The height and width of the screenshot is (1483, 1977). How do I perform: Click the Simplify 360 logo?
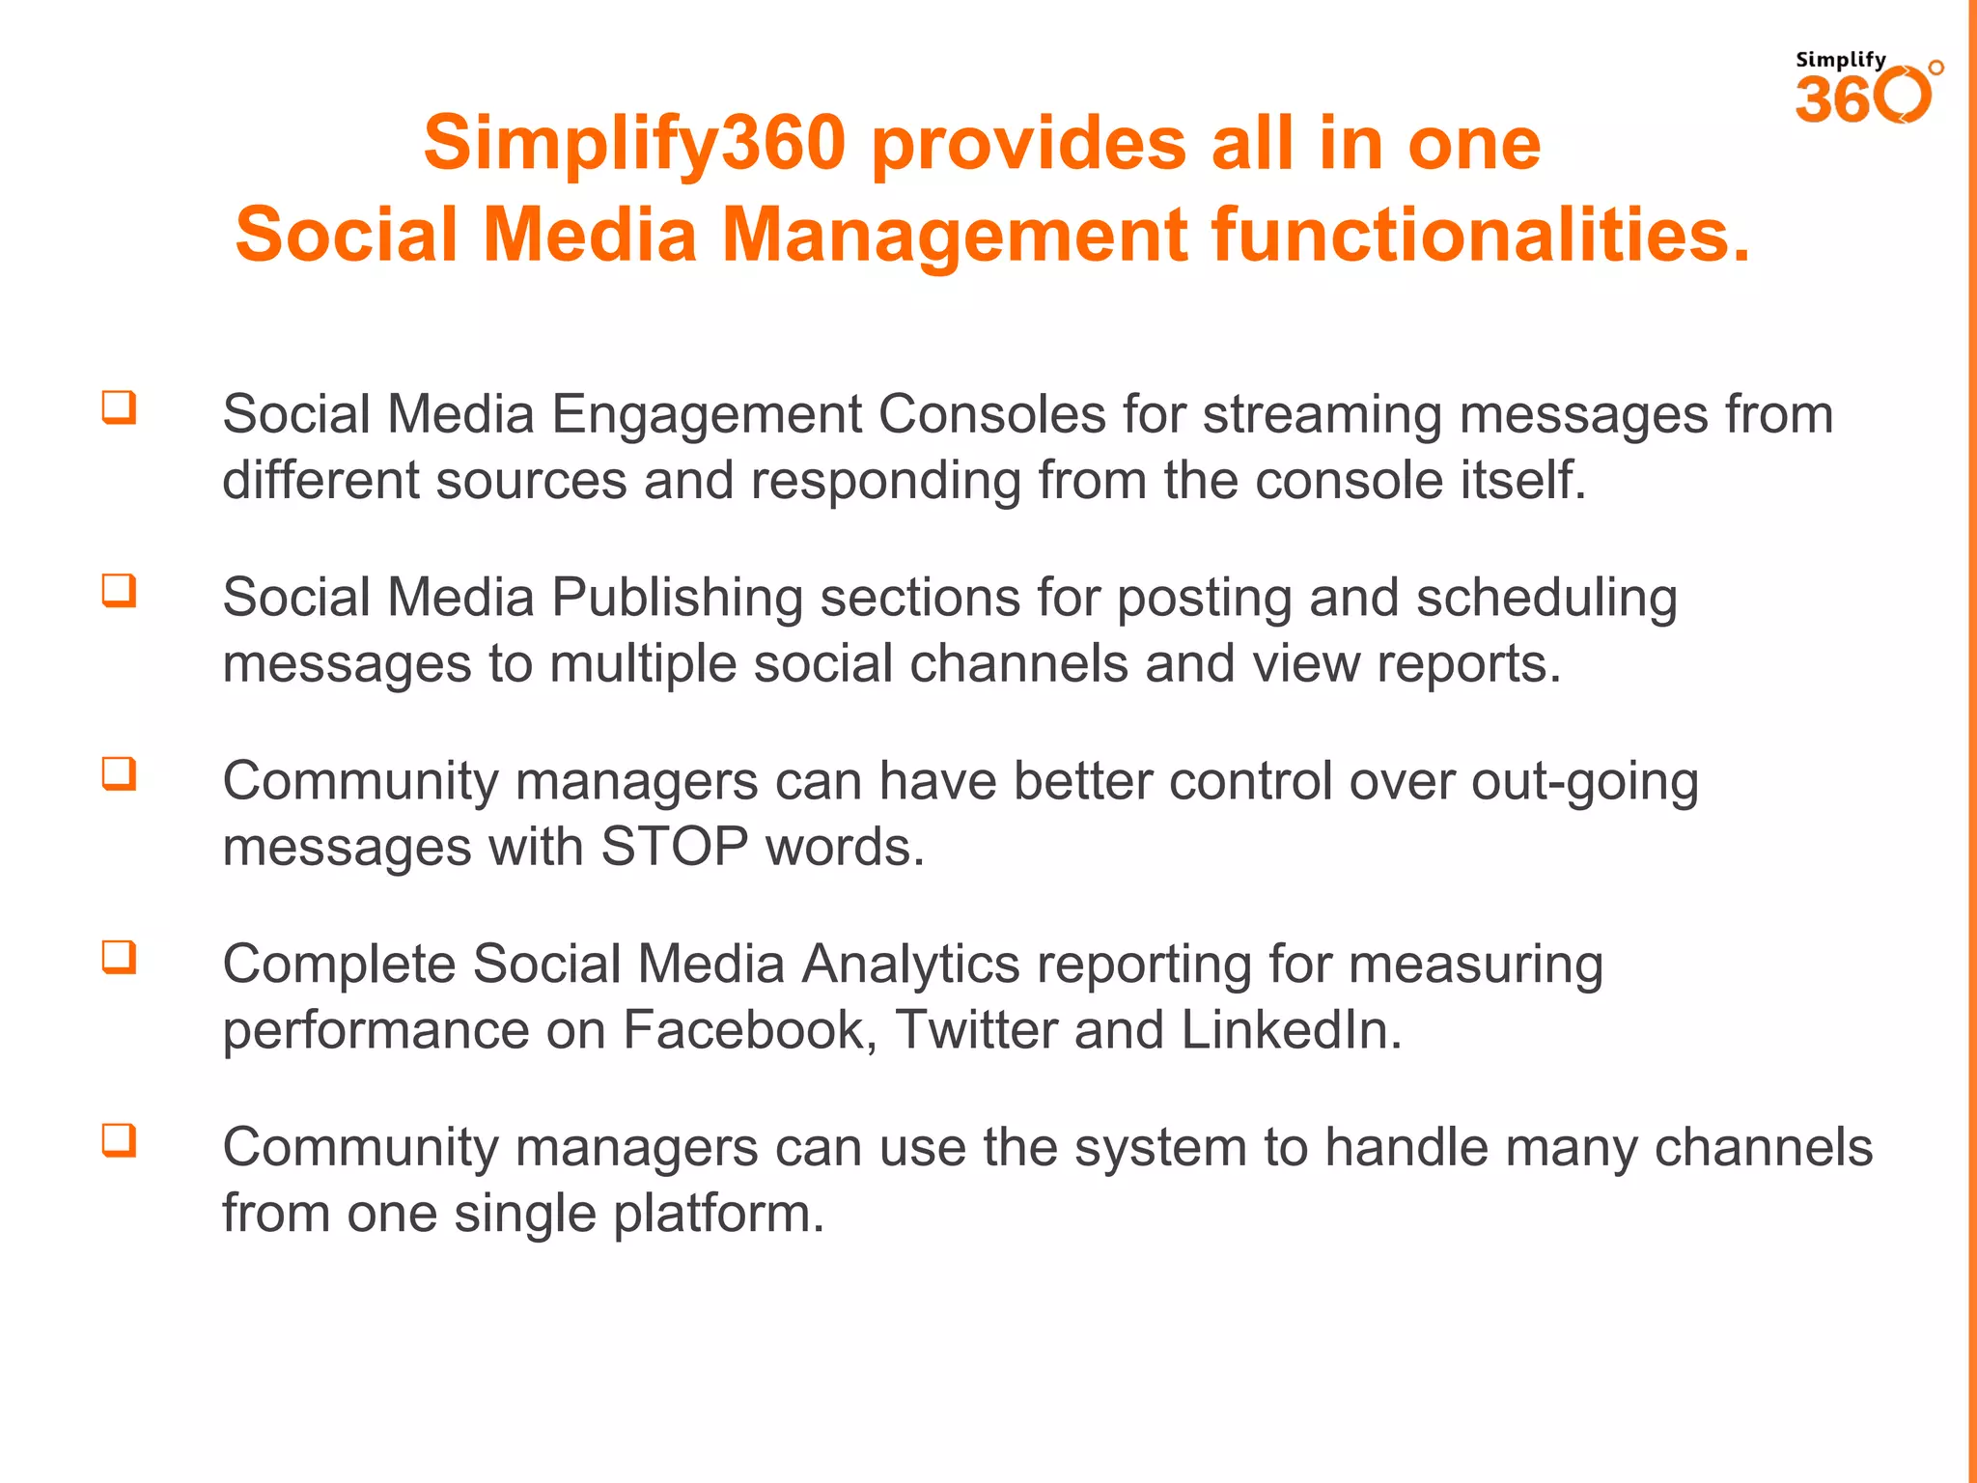pos(1867,89)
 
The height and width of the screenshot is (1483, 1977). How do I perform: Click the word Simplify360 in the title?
pos(634,143)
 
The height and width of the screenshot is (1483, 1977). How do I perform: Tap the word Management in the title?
pos(956,235)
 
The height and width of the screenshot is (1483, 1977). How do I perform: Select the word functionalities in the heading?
pos(1480,235)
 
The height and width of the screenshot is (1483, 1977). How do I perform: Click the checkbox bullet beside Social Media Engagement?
pos(120,407)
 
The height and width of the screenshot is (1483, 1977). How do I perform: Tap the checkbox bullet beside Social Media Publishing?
pos(120,591)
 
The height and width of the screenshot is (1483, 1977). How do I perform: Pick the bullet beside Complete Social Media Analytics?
pos(120,958)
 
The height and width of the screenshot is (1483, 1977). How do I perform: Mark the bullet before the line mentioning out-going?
pos(120,774)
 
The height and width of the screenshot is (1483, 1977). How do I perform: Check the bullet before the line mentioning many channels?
pos(120,1141)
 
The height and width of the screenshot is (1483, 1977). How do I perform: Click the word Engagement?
pos(706,415)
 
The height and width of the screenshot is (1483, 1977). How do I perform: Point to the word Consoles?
pos(991,414)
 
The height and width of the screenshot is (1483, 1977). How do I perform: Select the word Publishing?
pos(677,599)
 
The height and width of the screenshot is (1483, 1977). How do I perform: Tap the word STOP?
pos(674,847)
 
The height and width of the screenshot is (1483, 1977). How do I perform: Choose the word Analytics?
pos(910,965)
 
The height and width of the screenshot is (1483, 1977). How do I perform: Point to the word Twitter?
pos(976,1030)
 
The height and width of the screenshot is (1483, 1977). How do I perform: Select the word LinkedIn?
pos(1291,1030)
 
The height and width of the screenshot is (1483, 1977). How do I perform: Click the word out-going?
pos(1584,782)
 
